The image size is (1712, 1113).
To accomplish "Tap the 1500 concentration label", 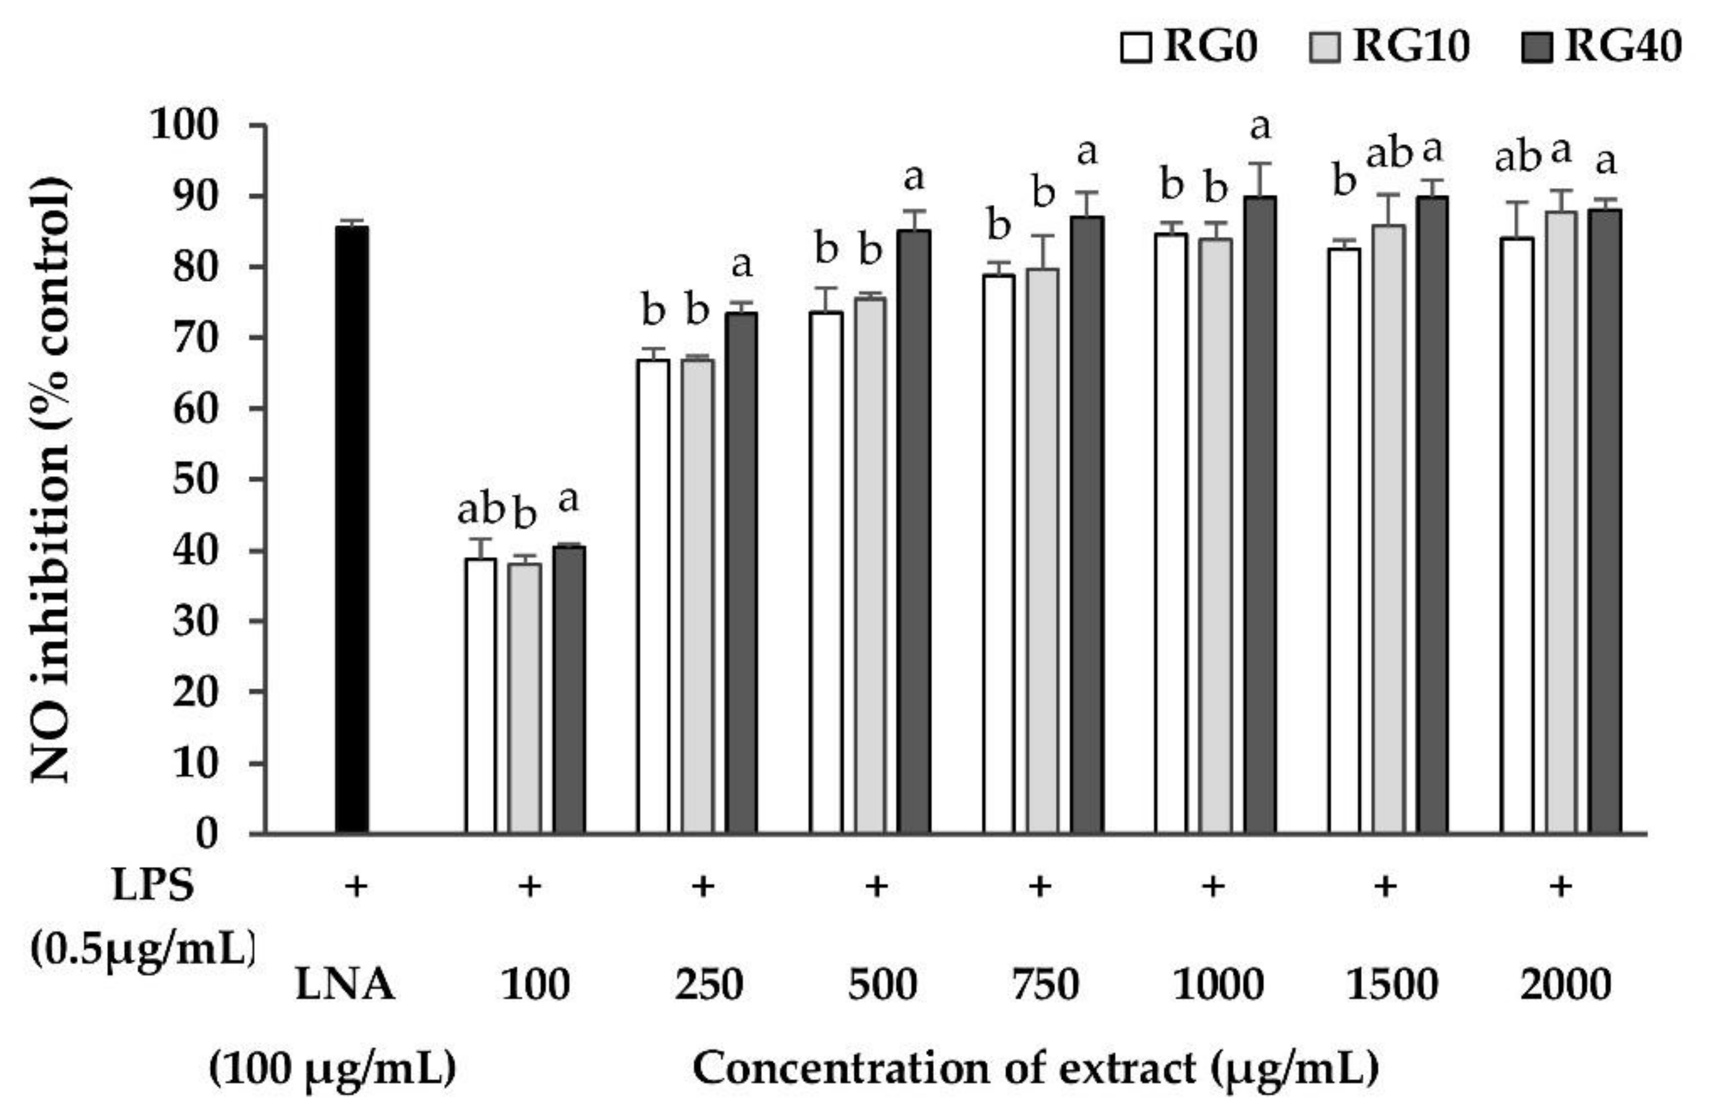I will click(x=1391, y=985).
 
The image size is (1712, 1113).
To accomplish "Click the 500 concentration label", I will click(x=882, y=985).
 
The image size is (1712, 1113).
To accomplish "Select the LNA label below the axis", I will click(x=345, y=985).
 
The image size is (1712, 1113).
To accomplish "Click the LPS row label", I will click(x=153, y=886).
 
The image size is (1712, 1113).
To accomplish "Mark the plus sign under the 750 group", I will click(x=1040, y=887).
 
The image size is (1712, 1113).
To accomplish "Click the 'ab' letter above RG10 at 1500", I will click(x=1389, y=156).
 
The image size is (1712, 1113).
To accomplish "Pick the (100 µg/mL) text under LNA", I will click(x=332, y=1069).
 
